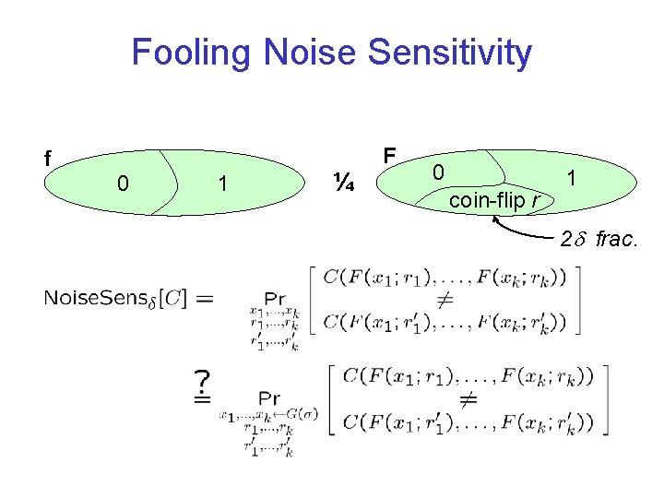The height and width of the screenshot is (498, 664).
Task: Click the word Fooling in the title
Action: pos(192,53)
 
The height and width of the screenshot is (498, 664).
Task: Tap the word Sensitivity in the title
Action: pos(449,53)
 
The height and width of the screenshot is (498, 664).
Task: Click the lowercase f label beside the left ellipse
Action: pos(48,159)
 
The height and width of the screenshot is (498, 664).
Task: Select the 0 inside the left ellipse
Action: pos(123,184)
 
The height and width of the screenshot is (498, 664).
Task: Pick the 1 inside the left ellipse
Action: pos(221,184)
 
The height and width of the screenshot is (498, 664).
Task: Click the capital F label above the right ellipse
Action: pos(389,154)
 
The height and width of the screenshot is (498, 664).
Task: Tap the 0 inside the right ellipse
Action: pos(440,172)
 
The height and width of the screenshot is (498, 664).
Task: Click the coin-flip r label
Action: pos(495,200)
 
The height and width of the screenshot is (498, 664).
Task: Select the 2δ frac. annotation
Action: pos(599,240)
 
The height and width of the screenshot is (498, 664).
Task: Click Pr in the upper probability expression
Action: pos(274,298)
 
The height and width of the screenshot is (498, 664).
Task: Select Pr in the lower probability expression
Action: pos(268,398)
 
